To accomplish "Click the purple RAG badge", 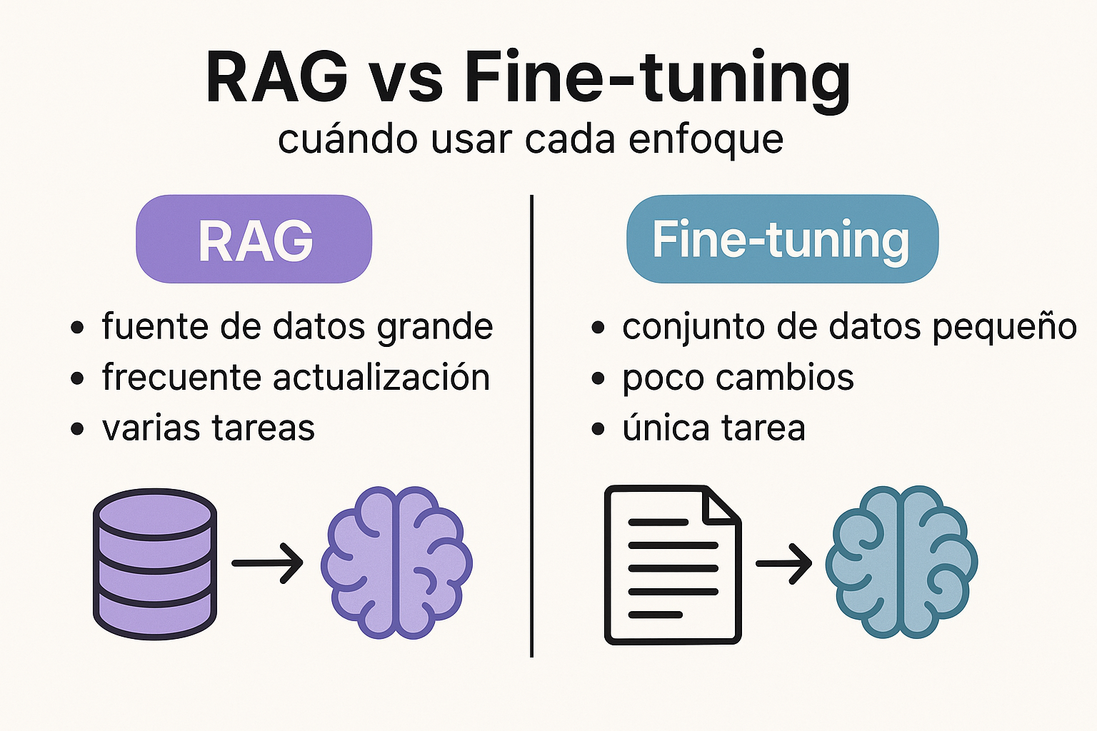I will [x=254, y=239].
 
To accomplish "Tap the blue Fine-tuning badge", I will [x=782, y=239].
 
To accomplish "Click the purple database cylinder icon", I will [x=155, y=564].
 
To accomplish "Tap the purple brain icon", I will [x=396, y=563].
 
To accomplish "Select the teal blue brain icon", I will [x=901, y=563].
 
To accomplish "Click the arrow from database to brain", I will [x=268, y=563].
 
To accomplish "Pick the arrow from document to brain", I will [x=783, y=563].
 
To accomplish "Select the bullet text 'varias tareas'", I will [x=209, y=428].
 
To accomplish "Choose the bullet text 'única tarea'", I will [x=713, y=428].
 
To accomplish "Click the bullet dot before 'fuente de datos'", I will [x=78, y=328].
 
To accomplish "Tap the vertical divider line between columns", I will [x=532, y=428].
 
